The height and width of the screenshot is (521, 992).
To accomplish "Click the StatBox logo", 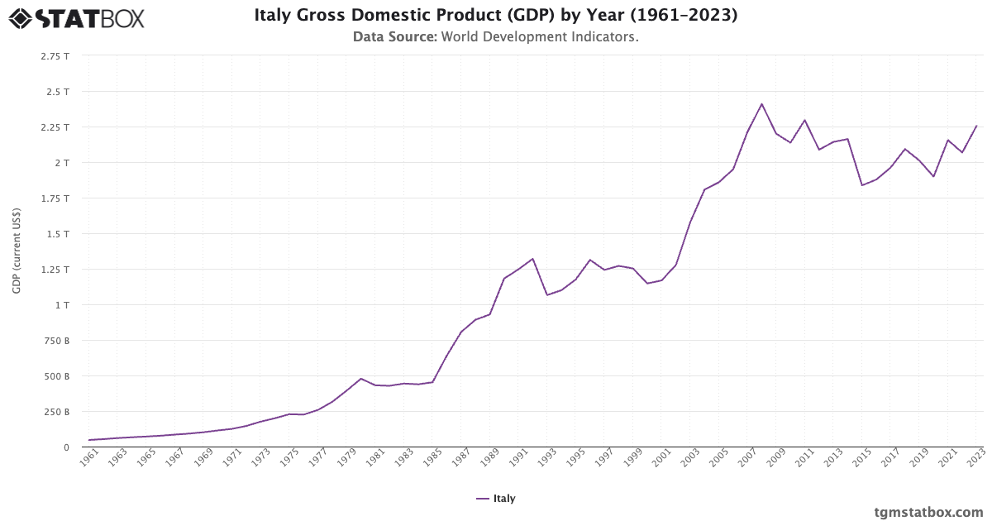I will [x=77, y=17].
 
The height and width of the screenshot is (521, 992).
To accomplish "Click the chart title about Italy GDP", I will [x=496, y=15].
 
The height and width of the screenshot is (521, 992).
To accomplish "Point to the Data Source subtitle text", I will [x=496, y=37].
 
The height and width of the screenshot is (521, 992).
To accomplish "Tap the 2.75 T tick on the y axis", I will [x=55, y=56].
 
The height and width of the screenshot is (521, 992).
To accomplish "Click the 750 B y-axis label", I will [x=56, y=341].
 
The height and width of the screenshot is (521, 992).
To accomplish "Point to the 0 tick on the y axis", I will [x=66, y=447].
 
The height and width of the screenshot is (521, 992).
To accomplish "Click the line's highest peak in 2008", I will [x=761, y=104].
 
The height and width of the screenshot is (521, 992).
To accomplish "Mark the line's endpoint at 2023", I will [x=976, y=126].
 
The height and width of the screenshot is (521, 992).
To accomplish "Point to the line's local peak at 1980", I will [x=360, y=379].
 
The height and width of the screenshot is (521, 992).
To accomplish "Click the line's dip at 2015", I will [x=862, y=185].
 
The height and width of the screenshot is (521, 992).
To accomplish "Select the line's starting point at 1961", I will [x=89, y=440].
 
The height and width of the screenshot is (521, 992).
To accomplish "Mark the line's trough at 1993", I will [x=547, y=295].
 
